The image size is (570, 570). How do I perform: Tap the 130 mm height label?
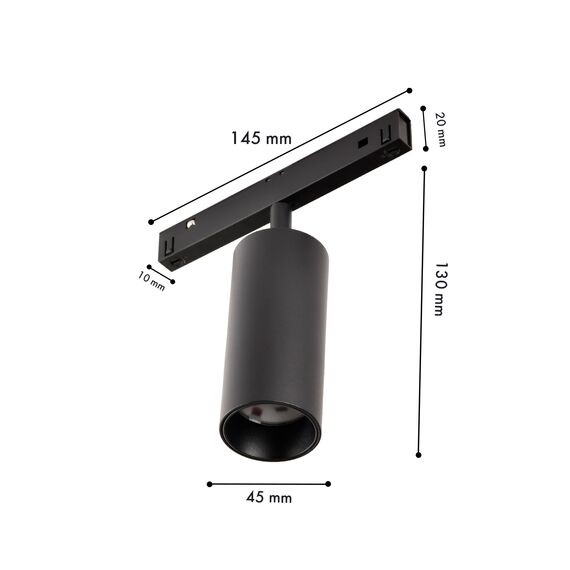coord(438,290)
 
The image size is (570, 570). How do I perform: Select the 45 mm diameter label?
coord(268,497)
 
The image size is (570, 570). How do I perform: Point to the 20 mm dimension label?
coord(439,129)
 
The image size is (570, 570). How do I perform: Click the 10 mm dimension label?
coord(152,281)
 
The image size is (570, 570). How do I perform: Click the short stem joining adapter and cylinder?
coord(282,215)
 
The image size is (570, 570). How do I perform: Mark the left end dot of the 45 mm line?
coord(208,484)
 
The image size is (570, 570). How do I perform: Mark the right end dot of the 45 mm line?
coord(328,484)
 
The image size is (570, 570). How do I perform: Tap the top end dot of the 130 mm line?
coord(423,168)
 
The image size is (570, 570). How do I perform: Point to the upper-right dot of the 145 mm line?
coord(411,89)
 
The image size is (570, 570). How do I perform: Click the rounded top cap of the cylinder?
coord(272,240)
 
